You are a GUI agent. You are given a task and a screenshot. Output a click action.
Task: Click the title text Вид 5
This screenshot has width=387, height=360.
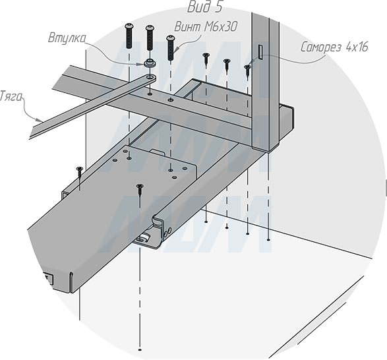point(205,7)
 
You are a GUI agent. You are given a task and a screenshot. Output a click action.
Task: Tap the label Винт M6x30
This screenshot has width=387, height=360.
point(206,26)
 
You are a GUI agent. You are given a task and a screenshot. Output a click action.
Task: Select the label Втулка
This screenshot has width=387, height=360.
point(67,38)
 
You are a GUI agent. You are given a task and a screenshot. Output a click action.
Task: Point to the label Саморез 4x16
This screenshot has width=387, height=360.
point(334,47)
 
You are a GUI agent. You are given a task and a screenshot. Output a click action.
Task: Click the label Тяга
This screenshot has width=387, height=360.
point(10,96)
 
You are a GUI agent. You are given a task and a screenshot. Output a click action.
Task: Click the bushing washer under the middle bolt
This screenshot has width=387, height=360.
point(150,63)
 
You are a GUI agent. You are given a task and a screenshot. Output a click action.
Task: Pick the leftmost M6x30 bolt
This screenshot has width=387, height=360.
point(129,36)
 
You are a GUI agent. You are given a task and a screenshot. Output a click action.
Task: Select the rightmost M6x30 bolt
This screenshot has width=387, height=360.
point(171,47)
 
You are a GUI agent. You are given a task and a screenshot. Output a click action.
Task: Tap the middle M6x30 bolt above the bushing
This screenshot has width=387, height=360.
point(150,38)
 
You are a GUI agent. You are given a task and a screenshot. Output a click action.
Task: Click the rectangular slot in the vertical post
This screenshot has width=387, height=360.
point(260,52)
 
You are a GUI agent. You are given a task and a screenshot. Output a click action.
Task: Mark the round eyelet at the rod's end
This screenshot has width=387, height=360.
point(150,78)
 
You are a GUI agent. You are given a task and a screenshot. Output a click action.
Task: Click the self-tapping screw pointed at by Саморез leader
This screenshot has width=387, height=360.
point(247,72)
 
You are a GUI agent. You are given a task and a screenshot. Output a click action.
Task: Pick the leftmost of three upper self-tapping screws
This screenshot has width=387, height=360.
point(206,61)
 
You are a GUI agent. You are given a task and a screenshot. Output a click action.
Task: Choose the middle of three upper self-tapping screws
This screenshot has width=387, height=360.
point(227,66)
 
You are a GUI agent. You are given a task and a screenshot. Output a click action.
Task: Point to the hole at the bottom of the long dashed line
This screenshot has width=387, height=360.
point(140,350)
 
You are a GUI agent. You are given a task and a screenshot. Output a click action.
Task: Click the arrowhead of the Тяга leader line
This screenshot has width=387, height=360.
point(39,120)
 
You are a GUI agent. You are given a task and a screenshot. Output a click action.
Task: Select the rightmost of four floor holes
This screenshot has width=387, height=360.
point(268,239)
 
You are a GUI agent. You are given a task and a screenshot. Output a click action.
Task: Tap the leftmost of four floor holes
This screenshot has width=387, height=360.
point(206,222)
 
